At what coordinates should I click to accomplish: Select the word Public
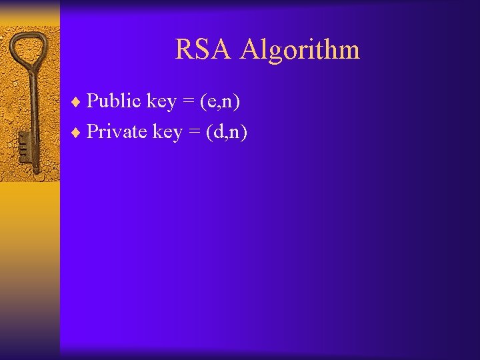[114, 101]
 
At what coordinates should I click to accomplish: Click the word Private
[117, 131]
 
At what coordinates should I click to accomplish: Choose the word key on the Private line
[167, 133]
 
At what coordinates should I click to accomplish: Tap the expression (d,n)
[227, 132]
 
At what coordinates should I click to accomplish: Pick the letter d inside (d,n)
[218, 132]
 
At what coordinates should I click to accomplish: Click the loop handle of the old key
[30, 50]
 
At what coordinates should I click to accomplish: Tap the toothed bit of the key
[24, 144]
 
